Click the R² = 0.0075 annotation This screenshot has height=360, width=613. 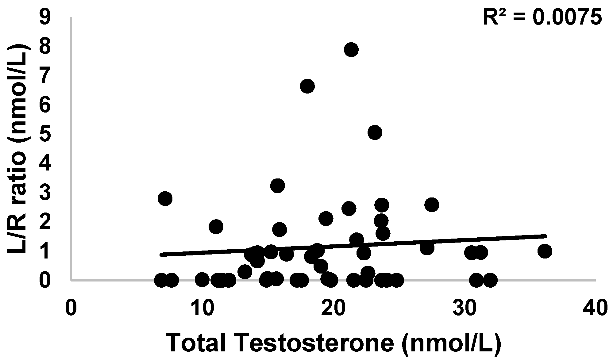pos(542,17)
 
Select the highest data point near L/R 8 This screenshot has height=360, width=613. pos(351,50)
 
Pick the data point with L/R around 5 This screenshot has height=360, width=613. pos(375,133)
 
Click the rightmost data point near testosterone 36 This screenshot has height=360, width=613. pos(545,251)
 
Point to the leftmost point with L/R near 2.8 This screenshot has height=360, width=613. pos(165,199)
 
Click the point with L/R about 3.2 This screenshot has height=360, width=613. pos(278,186)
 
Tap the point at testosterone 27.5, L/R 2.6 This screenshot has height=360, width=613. pos(432,205)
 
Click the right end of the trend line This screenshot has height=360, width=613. pos(546,236)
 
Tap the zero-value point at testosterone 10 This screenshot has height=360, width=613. pos(202,280)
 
